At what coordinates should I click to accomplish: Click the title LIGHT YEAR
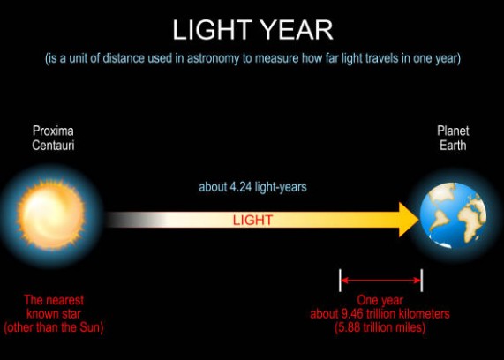252,29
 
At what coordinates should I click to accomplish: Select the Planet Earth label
453,138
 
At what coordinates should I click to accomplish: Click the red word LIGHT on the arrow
253,220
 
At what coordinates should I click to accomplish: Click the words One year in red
380,301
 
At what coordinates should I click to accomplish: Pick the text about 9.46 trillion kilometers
380,313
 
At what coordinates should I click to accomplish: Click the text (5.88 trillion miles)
380,326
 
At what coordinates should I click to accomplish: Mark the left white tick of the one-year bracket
341,281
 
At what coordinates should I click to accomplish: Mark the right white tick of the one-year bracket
422,281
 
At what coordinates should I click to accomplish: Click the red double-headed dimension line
381,281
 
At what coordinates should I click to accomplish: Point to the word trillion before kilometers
382,313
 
